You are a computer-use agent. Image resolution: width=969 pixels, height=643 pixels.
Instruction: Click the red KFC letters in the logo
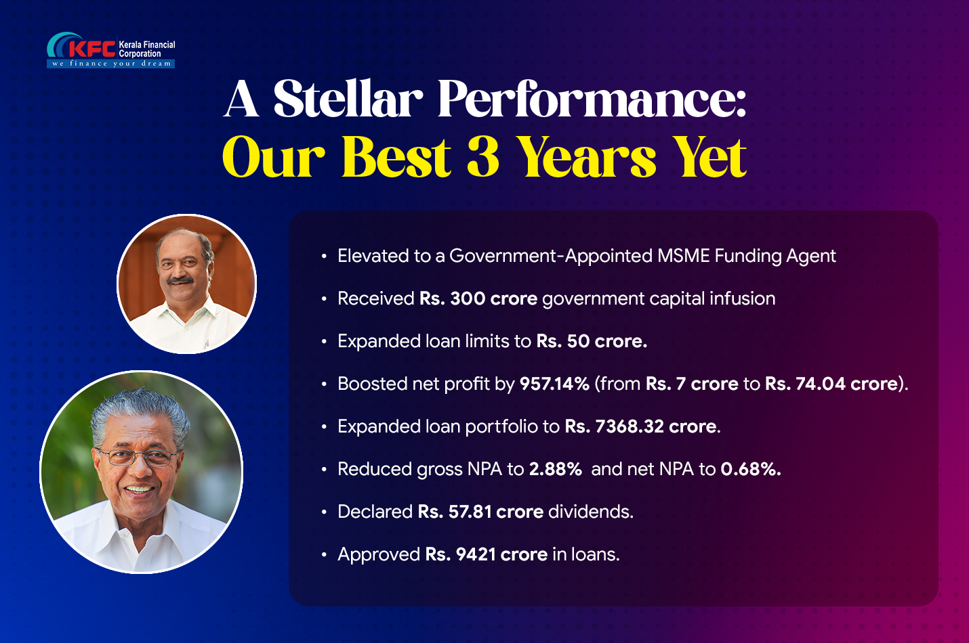click(92, 49)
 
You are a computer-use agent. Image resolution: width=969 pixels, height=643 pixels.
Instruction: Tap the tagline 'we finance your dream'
click(111, 64)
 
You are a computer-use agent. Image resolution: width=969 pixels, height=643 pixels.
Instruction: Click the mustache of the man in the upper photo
click(180, 280)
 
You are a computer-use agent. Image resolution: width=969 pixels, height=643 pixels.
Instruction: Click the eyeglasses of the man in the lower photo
click(138, 457)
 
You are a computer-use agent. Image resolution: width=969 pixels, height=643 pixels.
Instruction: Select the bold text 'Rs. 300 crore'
click(478, 298)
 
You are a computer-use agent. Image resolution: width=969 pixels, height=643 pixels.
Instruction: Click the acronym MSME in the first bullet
click(684, 256)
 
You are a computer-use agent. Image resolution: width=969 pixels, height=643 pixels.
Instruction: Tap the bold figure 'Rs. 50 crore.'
click(592, 341)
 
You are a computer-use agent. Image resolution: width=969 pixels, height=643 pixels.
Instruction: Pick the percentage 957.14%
click(554, 384)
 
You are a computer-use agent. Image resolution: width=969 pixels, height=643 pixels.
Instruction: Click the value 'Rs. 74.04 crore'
click(831, 384)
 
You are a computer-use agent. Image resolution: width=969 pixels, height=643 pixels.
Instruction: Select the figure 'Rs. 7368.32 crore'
click(640, 426)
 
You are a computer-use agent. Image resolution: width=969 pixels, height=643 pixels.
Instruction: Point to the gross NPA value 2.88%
click(556, 469)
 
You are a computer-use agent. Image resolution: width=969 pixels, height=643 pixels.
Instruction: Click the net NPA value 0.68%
click(751, 469)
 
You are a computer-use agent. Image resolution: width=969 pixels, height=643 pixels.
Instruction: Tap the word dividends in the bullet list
click(591, 512)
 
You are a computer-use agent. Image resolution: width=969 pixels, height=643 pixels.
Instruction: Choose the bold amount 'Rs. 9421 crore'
click(487, 554)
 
